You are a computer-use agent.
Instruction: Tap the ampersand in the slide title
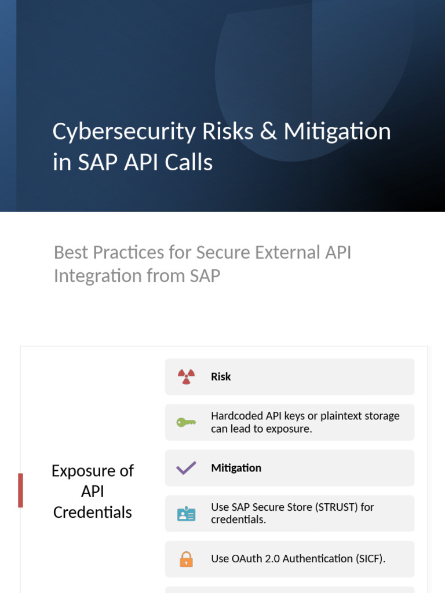268,131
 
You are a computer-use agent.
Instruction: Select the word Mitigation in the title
337,132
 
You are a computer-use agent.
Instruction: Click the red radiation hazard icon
186,376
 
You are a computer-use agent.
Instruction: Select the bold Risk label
221,376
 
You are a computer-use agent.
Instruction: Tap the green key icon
186,422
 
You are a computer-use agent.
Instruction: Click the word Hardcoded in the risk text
236,416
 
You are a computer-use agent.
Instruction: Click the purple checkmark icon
186,468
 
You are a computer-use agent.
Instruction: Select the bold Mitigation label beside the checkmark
236,468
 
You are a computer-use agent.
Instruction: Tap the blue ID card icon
186,514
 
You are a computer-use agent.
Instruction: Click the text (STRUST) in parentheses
336,507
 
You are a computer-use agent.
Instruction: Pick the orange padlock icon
186,559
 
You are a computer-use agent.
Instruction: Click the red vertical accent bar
21,490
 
